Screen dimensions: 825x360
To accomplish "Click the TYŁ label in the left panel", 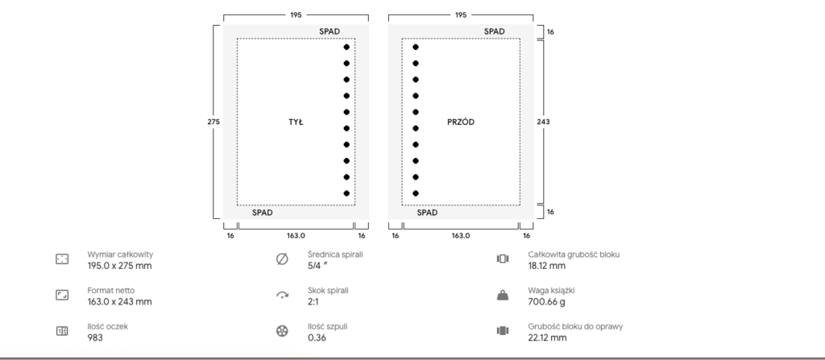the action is [296, 122].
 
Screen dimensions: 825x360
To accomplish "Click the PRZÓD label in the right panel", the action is [460, 122].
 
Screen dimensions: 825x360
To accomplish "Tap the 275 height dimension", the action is [213, 122].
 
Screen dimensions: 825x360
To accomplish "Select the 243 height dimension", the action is [543, 122].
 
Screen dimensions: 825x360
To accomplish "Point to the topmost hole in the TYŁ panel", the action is [346, 47].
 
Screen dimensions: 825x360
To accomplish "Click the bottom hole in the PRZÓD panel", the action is [416, 193].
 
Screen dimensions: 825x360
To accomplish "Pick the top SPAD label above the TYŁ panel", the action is [330, 31].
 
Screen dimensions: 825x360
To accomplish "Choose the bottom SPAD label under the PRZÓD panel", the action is [427, 213].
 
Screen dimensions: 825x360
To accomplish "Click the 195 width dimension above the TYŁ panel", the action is [296, 15].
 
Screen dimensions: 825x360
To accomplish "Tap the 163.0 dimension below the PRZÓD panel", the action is [460, 236].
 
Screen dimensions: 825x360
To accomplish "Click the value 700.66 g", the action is [547, 301].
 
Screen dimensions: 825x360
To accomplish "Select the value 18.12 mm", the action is [547, 266].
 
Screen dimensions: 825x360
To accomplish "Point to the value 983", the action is [95, 337].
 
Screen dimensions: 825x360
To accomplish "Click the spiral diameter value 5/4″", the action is [317, 266].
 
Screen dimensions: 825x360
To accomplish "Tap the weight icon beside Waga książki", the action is [503, 296].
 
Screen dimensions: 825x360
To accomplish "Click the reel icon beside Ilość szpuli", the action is [282, 331].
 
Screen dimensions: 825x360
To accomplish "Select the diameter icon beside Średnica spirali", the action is [282, 259].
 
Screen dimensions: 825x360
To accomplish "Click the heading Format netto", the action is [111, 291].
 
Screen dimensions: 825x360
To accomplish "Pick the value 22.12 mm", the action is [547, 337].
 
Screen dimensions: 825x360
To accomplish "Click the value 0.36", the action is [317, 337].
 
